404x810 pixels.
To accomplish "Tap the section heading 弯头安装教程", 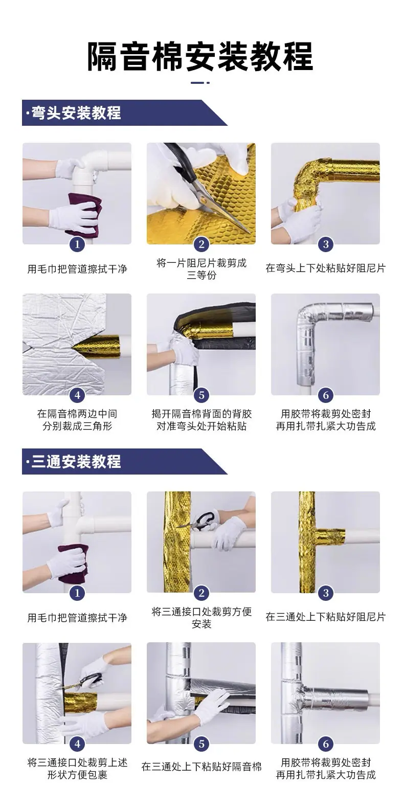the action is click(76, 113).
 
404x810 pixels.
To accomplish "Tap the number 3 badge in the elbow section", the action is click(326, 244).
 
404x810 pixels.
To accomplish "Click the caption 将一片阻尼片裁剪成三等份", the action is click(201, 269).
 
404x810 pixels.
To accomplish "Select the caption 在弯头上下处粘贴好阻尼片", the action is click(326, 268).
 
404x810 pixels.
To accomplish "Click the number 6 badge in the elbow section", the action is click(326, 395).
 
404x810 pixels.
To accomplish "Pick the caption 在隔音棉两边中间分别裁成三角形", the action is click(77, 420).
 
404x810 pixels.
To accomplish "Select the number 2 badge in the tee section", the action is click(201, 593).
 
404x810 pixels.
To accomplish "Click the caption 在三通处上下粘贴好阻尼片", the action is click(326, 617).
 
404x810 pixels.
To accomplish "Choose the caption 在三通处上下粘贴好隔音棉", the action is click(201, 767).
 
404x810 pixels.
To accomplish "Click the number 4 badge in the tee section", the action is click(77, 744).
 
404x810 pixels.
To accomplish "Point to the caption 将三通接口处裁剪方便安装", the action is click(201, 618).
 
